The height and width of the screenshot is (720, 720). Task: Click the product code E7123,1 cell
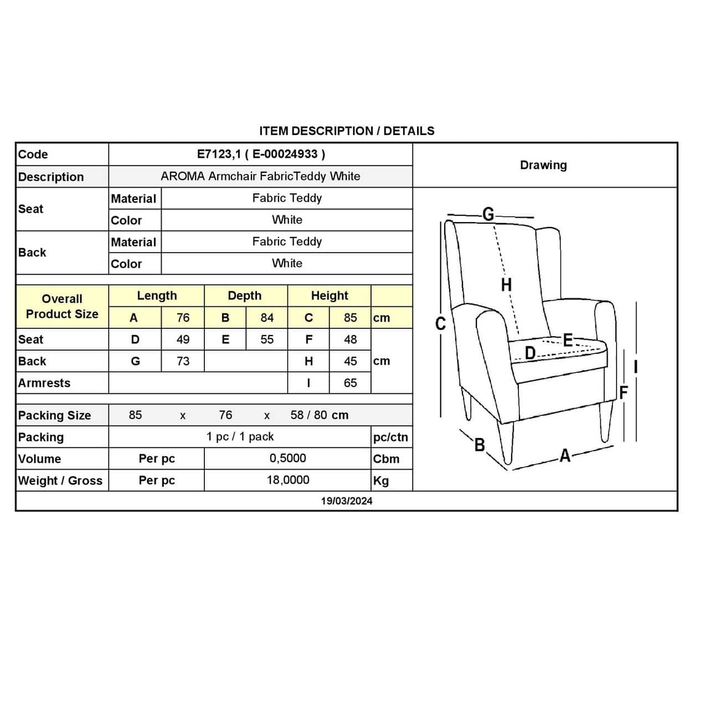tap(261, 154)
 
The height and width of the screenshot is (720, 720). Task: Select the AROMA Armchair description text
tap(260, 176)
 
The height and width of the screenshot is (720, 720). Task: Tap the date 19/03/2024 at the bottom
tap(347, 501)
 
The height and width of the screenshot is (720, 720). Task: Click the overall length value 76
tap(183, 318)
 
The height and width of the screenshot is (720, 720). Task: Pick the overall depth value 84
tap(267, 318)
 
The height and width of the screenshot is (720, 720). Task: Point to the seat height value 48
tap(350, 340)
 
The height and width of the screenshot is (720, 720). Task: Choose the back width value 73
tap(183, 361)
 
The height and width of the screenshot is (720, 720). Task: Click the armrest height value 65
tap(350, 383)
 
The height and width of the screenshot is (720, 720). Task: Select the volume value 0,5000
tap(287, 459)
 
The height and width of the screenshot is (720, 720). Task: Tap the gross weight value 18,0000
tap(288, 480)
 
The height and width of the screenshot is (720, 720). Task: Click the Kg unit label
tap(381, 481)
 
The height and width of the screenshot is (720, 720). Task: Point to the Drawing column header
tap(543, 165)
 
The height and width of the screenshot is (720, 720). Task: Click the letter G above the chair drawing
tap(488, 214)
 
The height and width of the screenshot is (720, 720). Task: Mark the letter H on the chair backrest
tap(506, 285)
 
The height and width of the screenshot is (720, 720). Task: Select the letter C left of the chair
tap(440, 323)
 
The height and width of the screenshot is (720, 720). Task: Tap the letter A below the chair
tap(565, 455)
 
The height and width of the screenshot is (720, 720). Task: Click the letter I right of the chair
tap(636, 367)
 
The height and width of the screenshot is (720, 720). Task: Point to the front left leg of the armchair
tap(505, 443)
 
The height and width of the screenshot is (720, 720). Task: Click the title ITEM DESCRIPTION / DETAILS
tap(347, 131)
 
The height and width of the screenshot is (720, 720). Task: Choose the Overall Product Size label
tap(62, 306)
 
